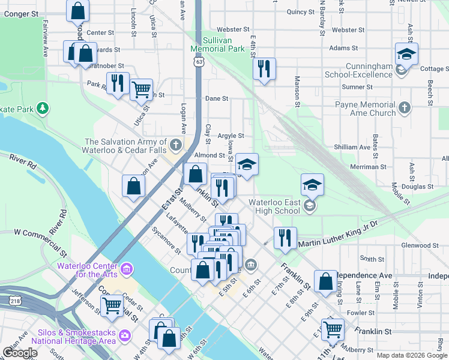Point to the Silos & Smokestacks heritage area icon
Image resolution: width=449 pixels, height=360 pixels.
(125, 335)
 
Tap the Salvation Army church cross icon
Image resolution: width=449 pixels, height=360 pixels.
(176, 145)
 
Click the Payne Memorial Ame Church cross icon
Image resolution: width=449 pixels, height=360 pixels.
(405, 108)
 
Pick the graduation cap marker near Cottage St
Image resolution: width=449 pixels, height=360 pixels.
(406, 55)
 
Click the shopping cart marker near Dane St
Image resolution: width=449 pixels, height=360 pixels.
(141, 89)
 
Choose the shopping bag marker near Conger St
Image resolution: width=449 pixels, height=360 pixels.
(77, 10)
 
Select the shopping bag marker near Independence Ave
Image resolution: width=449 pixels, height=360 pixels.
(325, 281)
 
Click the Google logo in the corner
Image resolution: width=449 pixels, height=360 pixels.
(19, 353)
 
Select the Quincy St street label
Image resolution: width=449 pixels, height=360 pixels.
(301, 11)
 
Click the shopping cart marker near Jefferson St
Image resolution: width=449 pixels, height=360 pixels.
(112, 305)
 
